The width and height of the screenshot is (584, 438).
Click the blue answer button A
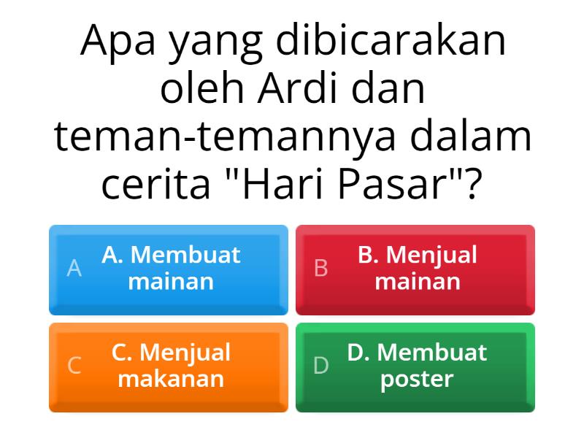click(168, 269)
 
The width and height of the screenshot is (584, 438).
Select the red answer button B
click(415, 269)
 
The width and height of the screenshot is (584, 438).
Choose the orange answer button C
click(168, 367)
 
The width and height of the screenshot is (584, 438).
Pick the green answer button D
click(415, 367)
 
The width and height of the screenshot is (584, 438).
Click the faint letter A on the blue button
click(74, 269)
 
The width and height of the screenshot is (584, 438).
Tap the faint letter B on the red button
click(320, 269)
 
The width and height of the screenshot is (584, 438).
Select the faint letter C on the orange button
click(74, 366)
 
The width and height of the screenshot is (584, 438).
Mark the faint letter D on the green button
click(320, 366)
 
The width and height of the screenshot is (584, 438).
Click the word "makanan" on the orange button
click(171, 380)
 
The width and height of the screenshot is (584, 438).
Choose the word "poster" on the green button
click(417, 380)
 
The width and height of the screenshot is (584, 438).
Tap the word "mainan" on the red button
click(417, 282)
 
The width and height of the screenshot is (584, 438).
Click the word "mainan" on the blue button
click(171, 282)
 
